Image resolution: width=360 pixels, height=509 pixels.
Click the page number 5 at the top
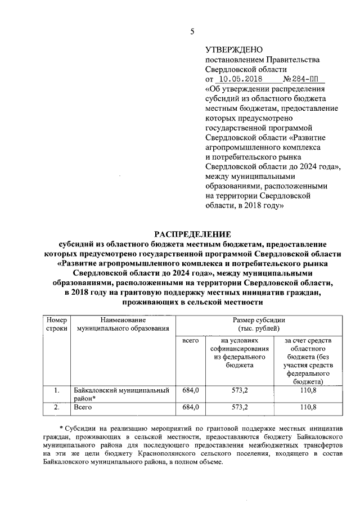(191, 33)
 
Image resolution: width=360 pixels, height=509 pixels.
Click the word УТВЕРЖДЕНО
(231, 51)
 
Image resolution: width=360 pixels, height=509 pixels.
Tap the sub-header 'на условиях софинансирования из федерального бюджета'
(238, 353)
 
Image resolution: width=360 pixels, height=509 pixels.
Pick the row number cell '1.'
(56, 389)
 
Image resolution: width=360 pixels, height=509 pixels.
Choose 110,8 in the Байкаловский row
(308, 389)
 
